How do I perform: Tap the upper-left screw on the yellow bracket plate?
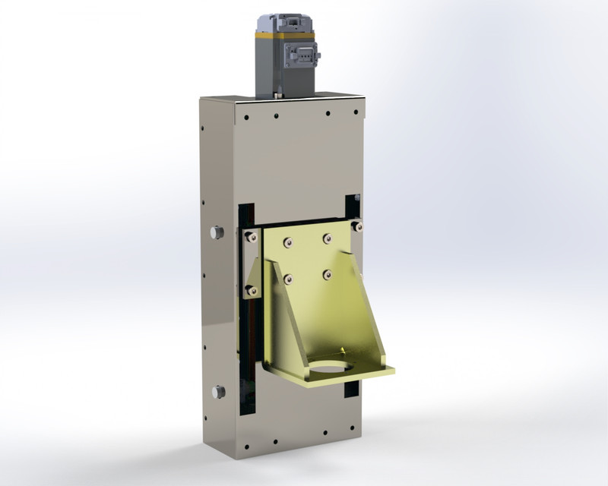(x=287, y=243)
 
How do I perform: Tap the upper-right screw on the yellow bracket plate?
(x=327, y=238)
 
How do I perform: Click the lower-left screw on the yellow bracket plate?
(x=287, y=279)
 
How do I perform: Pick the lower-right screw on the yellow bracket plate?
(x=327, y=274)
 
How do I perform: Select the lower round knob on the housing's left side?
(x=219, y=392)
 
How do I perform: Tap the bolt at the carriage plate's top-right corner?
(x=358, y=226)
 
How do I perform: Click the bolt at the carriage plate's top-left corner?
(x=248, y=236)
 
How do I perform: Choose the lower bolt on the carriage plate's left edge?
(x=249, y=289)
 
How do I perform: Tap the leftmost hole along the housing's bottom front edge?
(x=250, y=447)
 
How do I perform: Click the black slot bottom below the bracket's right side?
(x=351, y=389)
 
